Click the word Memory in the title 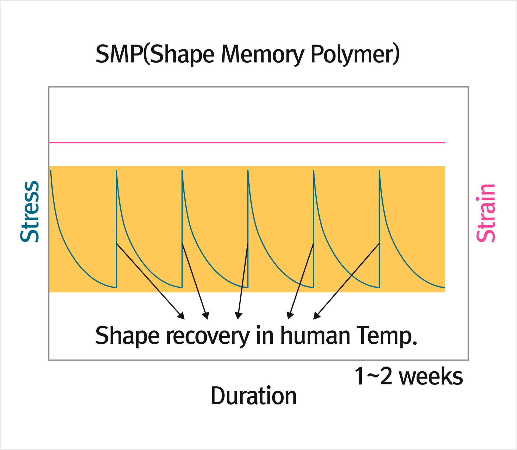(262, 54)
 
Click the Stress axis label (30, 212)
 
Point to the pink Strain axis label (486, 213)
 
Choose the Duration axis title (253, 396)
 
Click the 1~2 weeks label (408, 376)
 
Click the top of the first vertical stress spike (116, 171)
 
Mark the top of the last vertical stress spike (379, 171)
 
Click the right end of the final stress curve (444, 288)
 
